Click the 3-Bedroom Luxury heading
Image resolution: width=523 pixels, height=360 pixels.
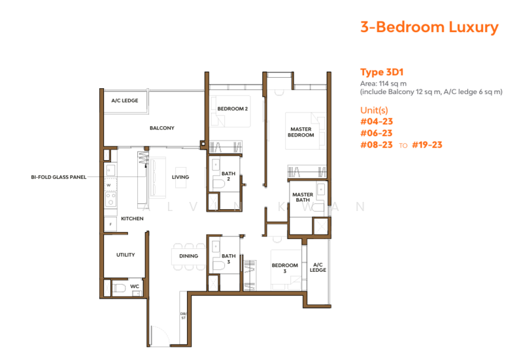(429, 27)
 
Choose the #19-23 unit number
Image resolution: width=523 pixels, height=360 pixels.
(428, 144)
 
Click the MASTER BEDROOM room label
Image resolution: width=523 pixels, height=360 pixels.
(301, 132)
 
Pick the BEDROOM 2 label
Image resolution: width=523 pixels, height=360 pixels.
(233, 108)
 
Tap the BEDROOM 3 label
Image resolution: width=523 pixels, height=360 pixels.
(285, 268)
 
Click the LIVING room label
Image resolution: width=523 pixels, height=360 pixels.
(180, 177)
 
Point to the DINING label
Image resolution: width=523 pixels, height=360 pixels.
(189, 256)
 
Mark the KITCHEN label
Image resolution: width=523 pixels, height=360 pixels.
(132, 218)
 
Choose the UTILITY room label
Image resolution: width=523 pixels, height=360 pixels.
(126, 255)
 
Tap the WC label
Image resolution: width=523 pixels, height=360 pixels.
(135, 286)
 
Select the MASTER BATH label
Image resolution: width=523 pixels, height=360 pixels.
(303, 197)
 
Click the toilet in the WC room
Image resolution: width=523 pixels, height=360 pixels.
(118, 288)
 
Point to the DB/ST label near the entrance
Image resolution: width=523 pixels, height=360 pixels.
(184, 316)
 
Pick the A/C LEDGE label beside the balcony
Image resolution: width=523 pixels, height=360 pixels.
(124, 101)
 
